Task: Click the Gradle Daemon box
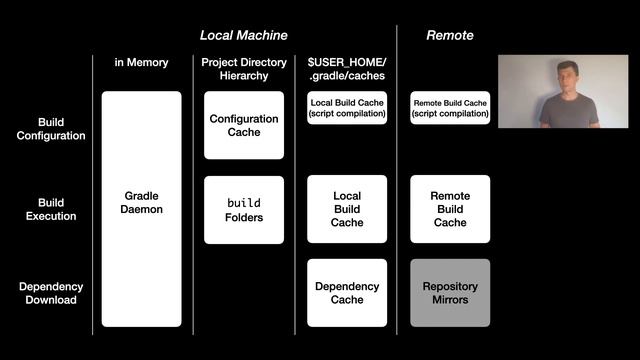point(142,209)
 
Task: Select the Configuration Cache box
point(244,125)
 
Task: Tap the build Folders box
point(244,210)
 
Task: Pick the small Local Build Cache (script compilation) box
point(347,108)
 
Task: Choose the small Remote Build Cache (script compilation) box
point(450,108)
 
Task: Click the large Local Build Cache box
point(347,209)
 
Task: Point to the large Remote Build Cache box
point(450,209)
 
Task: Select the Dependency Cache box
point(347,293)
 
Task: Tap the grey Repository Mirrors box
point(450,293)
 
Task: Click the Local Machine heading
point(244,36)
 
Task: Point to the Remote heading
point(450,36)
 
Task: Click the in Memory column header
point(141,62)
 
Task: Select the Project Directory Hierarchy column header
point(244,69)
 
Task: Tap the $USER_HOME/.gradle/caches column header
point(347,69)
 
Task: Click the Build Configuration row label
point(51,129)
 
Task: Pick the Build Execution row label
point(51,209)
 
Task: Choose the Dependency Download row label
point(51,293)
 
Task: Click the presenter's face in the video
point(568,77)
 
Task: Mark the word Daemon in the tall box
point(142,209)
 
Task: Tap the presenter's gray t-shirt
point(570,111)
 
